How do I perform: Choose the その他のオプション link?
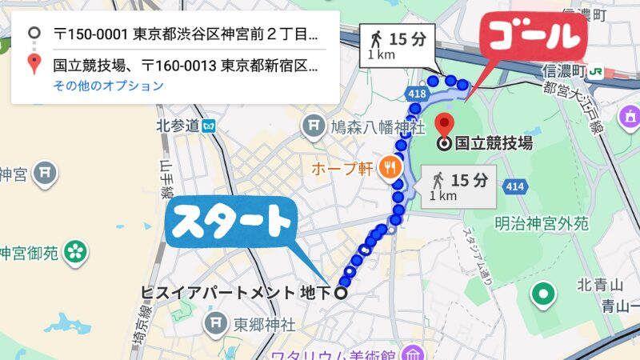pyautogui.click(x=108, y=86)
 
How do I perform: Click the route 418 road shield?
pyautogui.click(x=417, y=94)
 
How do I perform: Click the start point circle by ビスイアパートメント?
pyautogui.click(x=341, y=293)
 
